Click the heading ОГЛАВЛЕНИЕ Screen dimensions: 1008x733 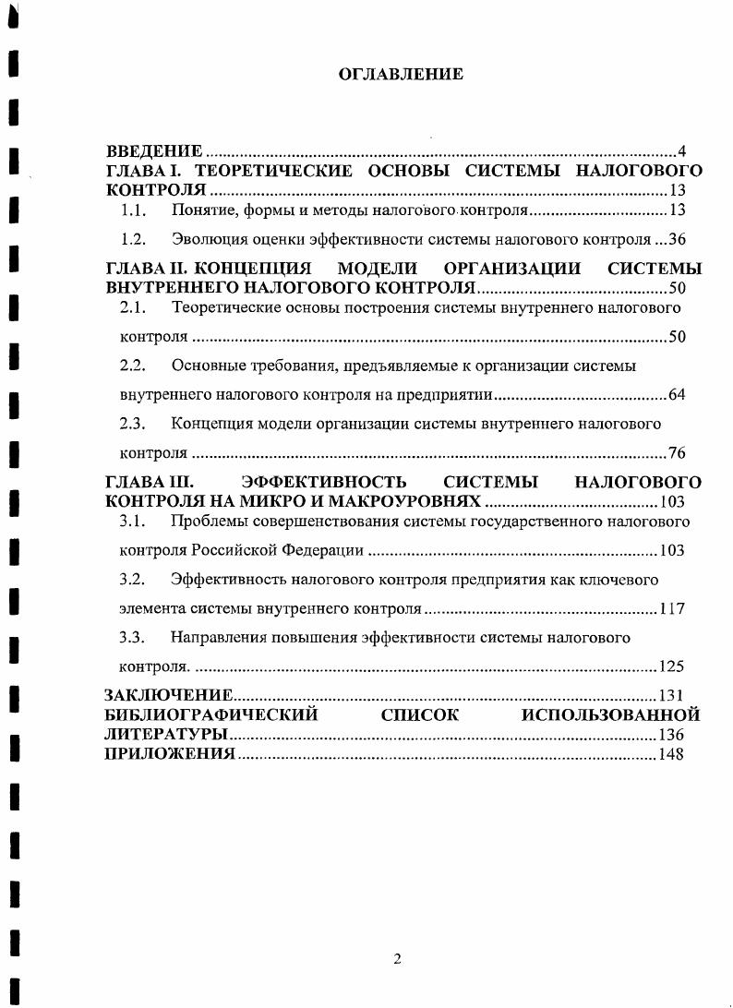point(400,74)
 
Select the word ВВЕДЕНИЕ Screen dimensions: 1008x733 point(154,150)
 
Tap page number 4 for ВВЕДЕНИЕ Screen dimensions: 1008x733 point(681,151)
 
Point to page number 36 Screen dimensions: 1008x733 point(677,240)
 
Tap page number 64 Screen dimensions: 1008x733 point(677,395)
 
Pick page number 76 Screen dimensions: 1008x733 point(677,453)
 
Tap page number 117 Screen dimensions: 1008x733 point(672,609)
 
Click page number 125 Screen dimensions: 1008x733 point(672,666)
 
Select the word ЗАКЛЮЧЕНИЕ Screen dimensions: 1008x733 point(169,695)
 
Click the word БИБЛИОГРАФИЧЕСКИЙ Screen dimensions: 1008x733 point(211,714)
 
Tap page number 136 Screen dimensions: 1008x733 point(672,736)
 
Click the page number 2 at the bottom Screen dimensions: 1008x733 point(397,959)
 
